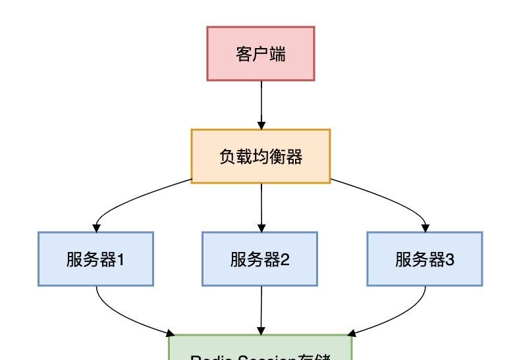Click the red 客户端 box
[x=261, y=53]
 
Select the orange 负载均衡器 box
[x=261, y=157]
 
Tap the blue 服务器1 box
[x=96, y=259]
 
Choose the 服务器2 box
[x=261, y=259]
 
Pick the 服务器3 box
[x=425, y=259]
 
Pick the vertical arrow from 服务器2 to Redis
[x=261, y=309]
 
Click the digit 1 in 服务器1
[x=121, y=259]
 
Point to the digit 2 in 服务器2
[x=285, y=259]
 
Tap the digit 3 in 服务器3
[x=450, y=259]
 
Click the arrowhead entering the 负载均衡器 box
[x=261, y=125]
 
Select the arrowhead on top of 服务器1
[x=96, y=228]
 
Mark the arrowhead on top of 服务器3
[x=425, y=228]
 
